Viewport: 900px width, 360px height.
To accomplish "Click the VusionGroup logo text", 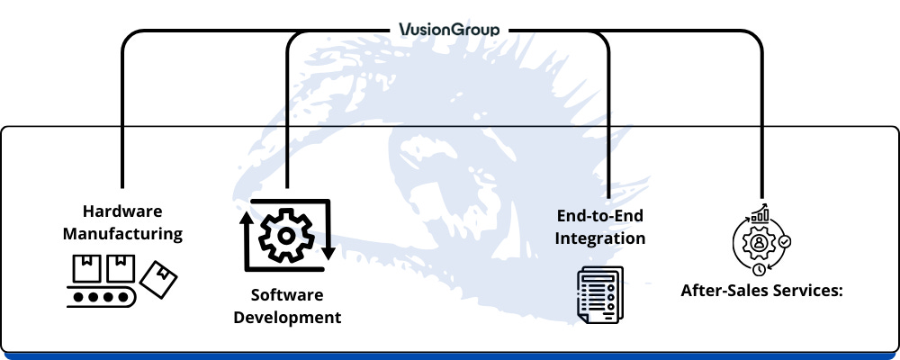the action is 449,30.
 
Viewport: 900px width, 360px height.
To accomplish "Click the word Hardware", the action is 122,211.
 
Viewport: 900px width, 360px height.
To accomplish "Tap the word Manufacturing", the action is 122,234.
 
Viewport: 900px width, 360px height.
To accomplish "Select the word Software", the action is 287,295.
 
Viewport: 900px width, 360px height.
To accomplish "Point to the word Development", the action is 287,318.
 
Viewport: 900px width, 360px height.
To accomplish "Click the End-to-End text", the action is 599,217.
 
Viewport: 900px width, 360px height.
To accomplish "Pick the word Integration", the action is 599,238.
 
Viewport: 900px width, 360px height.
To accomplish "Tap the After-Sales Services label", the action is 761,291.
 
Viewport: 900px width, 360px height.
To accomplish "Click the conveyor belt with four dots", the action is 102,297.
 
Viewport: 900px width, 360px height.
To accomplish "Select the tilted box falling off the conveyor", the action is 158,279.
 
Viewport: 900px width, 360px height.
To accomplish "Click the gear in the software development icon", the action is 286,236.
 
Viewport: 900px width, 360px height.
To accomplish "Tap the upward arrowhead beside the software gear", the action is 247,218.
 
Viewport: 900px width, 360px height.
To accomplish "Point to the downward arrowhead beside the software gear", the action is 328,253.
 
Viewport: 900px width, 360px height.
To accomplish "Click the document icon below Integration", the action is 599,294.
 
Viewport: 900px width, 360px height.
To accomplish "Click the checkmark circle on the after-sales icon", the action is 785,242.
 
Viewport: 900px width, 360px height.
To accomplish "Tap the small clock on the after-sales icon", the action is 760,269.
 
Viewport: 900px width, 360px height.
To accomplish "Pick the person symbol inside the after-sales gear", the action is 760,242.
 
